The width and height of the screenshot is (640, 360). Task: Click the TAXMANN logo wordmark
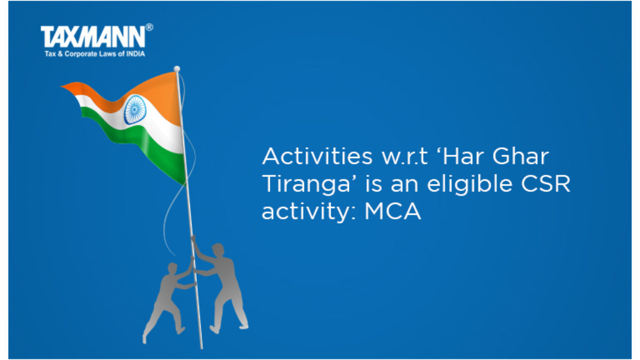coord(93,37)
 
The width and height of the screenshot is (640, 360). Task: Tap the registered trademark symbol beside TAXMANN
coord(149,27)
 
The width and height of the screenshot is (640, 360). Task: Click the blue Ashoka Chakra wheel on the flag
coord(135,110)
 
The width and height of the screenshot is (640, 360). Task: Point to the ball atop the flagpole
coord(177,69)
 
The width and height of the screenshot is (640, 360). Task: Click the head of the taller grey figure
coord(218,250)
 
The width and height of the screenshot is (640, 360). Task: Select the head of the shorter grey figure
coord(173,268)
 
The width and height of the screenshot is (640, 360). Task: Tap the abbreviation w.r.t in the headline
coord(405,157)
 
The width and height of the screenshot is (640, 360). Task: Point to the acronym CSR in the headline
coord(546,183)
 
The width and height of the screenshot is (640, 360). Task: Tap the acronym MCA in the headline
coord(393,211)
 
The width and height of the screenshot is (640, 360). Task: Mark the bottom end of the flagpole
coord(202,348)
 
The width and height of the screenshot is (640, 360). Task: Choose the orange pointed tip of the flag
coord(61,86)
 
